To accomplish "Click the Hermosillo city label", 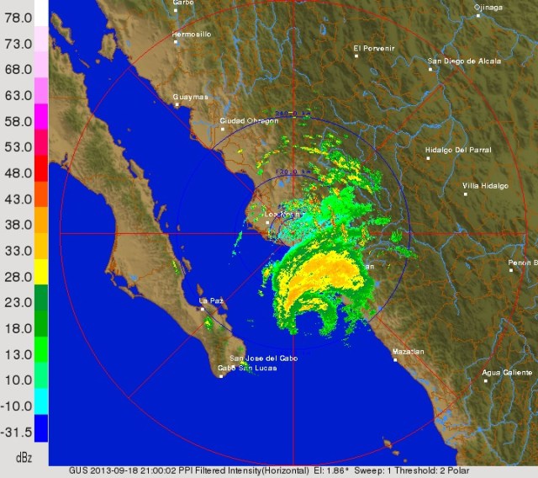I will click(x=191, y=35).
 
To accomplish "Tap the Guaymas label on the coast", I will click(x=190, y=97).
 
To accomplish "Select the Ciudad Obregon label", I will click(x=249, y=120).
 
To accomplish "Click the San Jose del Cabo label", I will click(x=263, y=358).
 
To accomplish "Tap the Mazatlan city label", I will click(x=408, y=351).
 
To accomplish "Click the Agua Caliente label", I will click(x=507, y=372).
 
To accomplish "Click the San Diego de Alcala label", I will click(x=464, y=61).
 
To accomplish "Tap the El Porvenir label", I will click(x=374, y=47).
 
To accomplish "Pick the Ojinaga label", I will click(x=488, y=7).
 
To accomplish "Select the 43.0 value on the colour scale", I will click(x=18, y=199).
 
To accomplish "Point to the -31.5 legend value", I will click(x=18, y=432).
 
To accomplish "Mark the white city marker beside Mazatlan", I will click(x=395, y=360).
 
